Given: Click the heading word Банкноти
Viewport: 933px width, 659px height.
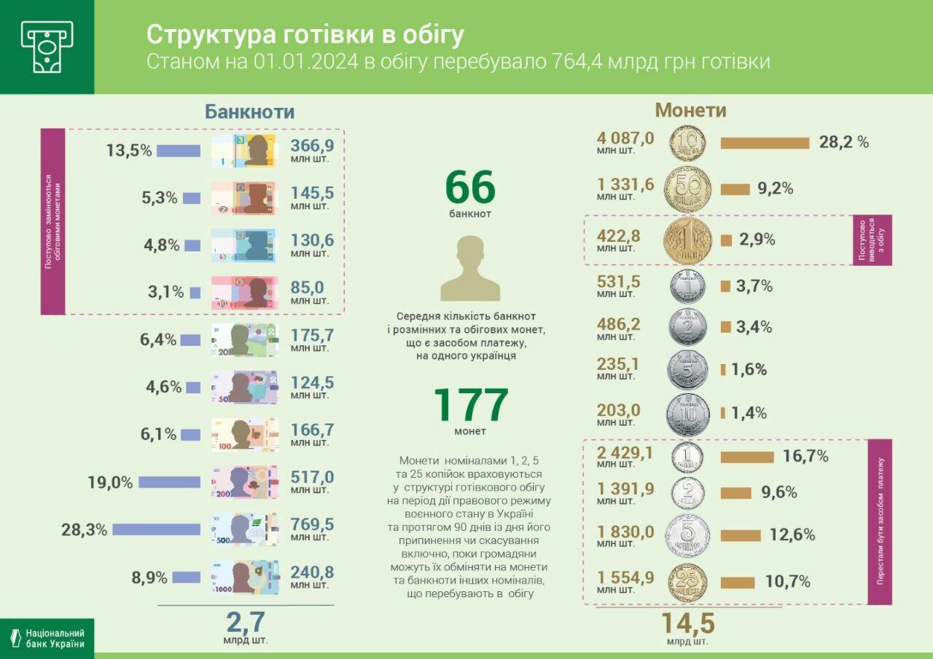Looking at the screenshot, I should click(249, 111).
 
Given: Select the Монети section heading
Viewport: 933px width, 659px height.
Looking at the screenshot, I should click(690, 110).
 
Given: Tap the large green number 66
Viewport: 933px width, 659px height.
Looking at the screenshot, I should click(470, 187).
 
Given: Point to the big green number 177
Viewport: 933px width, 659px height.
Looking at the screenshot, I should click(470, 406).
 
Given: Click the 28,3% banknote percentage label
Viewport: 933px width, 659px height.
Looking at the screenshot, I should click(84, 529).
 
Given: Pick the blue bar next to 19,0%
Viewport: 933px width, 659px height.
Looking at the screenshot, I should click(169, 482).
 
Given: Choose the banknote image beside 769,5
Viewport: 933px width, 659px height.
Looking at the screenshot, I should click(244, 529).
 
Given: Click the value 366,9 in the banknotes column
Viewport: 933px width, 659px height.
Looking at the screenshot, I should click(312, 146).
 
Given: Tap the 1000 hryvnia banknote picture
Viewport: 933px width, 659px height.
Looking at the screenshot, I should click(244, 577).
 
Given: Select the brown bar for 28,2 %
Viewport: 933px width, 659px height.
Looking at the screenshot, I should click(765, 143).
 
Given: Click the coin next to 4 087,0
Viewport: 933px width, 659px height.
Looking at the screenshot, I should click(687, 143).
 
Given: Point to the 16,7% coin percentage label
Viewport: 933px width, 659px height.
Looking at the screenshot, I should click(805, 457).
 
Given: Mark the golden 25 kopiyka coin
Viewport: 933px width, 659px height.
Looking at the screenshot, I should click(687, 582).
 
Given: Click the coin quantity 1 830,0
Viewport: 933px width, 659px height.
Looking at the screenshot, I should click(625, 532).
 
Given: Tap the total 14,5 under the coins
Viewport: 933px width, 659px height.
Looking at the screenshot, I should click(687, 624).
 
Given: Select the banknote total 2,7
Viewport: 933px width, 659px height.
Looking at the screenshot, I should click(245, 623).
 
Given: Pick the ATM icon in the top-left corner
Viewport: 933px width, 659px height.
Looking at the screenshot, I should click(47, 47).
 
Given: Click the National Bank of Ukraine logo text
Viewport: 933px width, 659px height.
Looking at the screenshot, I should click(55, 639).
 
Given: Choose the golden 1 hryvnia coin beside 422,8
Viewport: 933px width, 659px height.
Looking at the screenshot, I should click(687, 240).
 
